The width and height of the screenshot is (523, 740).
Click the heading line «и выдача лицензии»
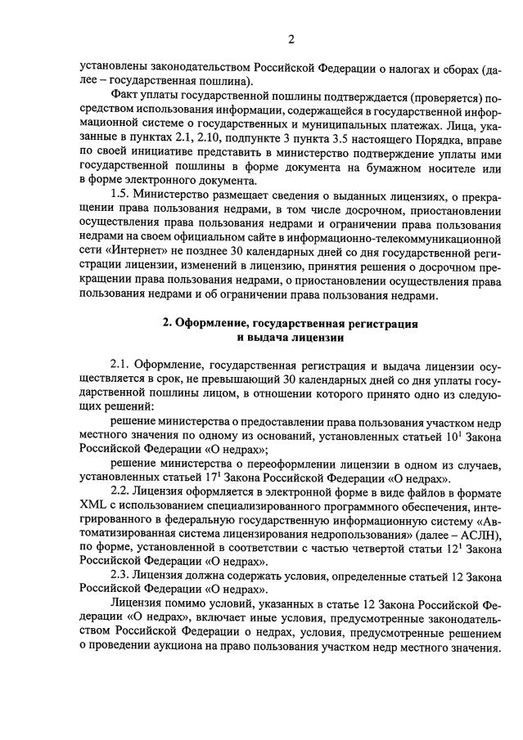pos(291,337)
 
